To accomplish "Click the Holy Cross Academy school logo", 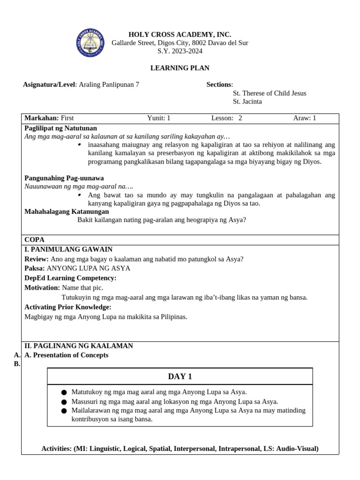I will tap(90, 43).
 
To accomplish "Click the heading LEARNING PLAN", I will tap(180, 68).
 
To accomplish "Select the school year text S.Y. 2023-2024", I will tap(180, 51).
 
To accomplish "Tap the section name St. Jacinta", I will tap(247, 101).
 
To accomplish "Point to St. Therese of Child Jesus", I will tap(269, 93).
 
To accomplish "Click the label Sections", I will tap(219, 84).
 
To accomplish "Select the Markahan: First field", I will tap(49, 118).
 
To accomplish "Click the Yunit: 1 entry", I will tap(158, 118).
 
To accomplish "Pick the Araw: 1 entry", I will tap(304, 118).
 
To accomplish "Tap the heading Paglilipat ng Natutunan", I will tap(60, 128).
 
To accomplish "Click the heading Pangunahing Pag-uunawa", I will tap(64, 178).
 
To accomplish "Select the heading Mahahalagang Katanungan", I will tap(67, 211).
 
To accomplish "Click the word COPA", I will tap(34, 240).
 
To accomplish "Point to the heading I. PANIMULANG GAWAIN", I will tap(68, 249).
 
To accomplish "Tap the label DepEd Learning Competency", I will tap(70, 278).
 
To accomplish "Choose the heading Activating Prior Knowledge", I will tap(67, 307).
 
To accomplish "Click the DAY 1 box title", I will tap(180, 376).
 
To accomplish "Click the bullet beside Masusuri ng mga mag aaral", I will tap(64, 402).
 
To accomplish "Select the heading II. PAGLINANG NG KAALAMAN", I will tap(79, 346).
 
